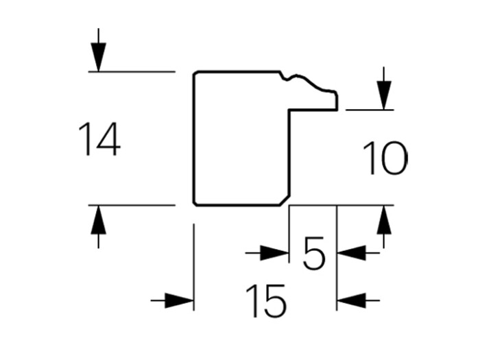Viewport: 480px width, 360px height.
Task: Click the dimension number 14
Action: pyautogui.click(x=99, y=139)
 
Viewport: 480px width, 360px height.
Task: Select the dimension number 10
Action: pyautogui.click(x=384, y=158)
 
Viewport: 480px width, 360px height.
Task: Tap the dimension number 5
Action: pyautogui.click(x=313, y=254)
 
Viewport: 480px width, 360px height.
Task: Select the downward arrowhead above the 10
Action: pyautogui.click(x=384, y=95)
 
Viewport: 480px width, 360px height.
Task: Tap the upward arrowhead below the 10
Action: pyautogui.click(x=384, y=219)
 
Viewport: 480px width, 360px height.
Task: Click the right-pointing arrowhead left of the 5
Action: pyautogui.click(x=275, y=254)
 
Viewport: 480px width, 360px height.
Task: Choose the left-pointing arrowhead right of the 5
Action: pyautogui.click(x=350, y=254)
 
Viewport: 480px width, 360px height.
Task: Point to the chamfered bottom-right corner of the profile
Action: pyautogui.click(x=284, y=200)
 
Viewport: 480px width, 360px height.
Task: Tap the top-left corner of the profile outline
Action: pyautogui.click(x=195, y=73)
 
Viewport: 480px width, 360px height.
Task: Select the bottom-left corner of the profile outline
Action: pyautogui.click(x=195, y=203)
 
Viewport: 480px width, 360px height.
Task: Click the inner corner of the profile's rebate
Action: pyautogui.click(x=289, y=109)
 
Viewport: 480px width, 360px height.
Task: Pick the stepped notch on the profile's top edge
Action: pyautogui.click(x=287, y=76)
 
